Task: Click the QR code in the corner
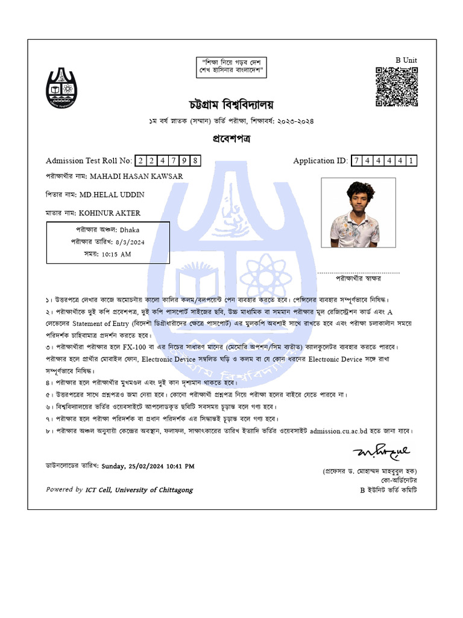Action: click(397, 87)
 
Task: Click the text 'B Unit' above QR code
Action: click(406, 60)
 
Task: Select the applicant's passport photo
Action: click(358, 212)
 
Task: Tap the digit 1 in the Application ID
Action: click(411, 161)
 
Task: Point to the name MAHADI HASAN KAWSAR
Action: click(136, 176)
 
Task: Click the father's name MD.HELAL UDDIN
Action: click(112, 194)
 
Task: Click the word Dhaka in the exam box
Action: click(130, 230)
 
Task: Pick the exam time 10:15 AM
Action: click(116, 254)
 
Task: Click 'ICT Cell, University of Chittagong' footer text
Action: click(139, 489)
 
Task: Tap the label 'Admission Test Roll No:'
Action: click(89, 161)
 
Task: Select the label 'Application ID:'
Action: click(320, 161)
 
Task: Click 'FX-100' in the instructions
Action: click(136, 348)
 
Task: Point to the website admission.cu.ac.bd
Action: click(341, 431)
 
